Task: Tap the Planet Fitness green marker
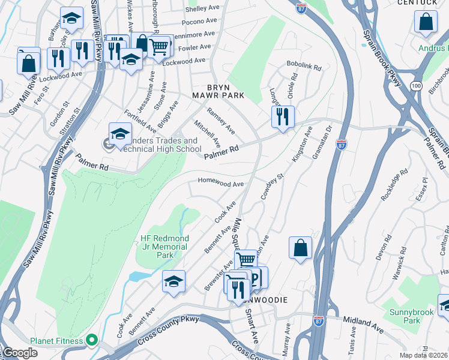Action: [91, 341]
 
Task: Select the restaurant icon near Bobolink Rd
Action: [283, 116]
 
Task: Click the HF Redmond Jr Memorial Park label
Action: [164, 247]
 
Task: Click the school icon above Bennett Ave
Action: [173, 281]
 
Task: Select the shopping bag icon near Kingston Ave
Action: [300, 248]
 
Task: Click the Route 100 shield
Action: [416, 87]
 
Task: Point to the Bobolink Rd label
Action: [304, 67]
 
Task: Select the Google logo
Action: [19, 353]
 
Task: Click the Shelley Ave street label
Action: [202, 9]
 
